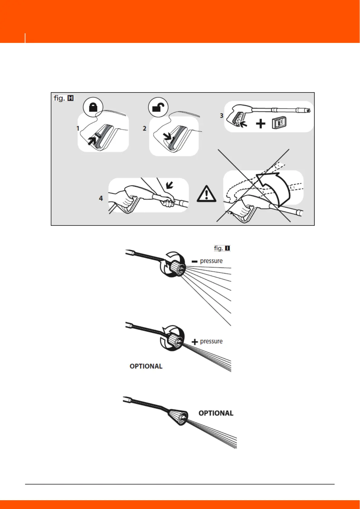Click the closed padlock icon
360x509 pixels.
[x=93, y=107]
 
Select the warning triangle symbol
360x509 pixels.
[x=206, y=193]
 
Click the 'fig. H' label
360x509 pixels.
[x=63, y=98]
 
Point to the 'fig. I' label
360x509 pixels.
[x=222, y=248]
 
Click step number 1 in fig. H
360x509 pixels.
[x=78, y=128]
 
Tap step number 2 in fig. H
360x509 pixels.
[x=144, y=128]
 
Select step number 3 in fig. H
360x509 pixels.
[x=222, y=115]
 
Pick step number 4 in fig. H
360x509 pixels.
[x=101, y=198]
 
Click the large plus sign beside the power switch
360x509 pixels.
[x=261, y=124]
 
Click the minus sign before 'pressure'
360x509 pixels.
[x=195, y=261]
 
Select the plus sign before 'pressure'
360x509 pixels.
[x=195, y=342]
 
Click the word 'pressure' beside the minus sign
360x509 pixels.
[x=211, y=261]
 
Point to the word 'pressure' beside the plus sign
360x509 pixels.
[x=211, y=341]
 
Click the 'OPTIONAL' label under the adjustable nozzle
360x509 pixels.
[x=146, y=366]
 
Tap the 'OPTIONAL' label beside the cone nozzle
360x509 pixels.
[x=216, y=413]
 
